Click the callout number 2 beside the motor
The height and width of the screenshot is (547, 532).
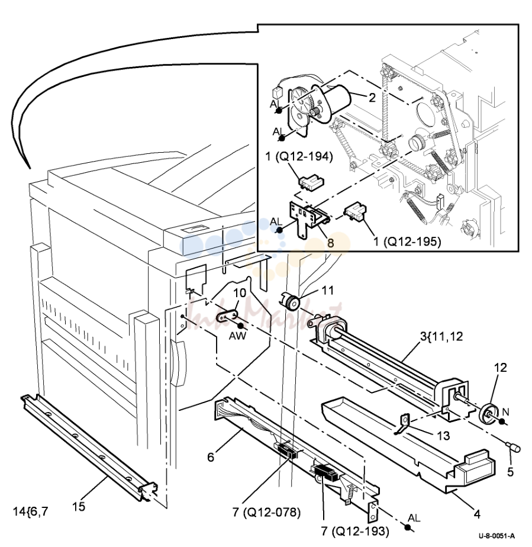click(x=372, y=98)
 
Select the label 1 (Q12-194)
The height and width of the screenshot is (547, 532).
click(x=299, y=156)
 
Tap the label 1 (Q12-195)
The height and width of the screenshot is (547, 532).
click(x=407, y=241)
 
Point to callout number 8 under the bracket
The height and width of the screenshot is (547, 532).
click(x=330, y=243)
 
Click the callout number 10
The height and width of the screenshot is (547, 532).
click(x=240, y=292)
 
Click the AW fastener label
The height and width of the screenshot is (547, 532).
click(x=237, y=336)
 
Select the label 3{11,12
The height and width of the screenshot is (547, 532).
click(x=441, y=337)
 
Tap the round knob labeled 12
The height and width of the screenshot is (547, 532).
click(x=488, y=414)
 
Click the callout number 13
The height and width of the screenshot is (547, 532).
click(x=443, y=436)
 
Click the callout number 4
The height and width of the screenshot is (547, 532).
click(x=477, y=514)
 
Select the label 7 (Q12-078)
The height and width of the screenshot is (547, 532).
click(x=266, y=513)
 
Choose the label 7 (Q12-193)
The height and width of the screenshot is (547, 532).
click(x=355, y=531)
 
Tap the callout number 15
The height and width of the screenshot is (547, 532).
click(x=79, y=507)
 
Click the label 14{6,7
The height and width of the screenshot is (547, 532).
click(x=30, y=511)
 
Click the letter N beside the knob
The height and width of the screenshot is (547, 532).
click(x=505, y=413)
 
